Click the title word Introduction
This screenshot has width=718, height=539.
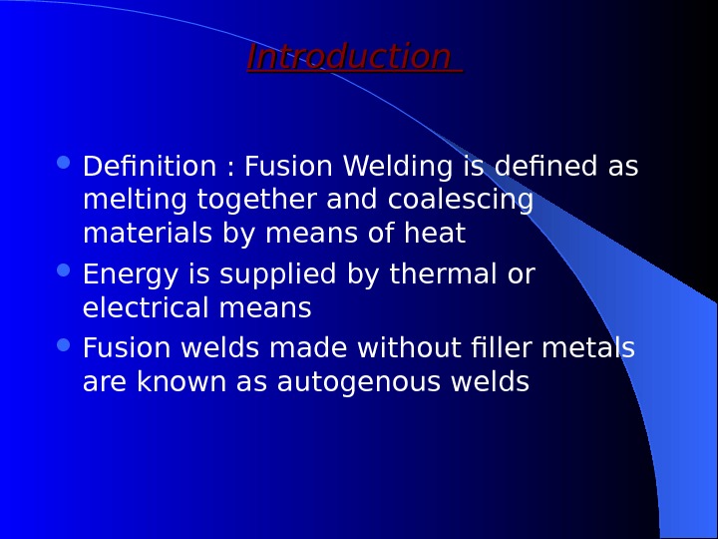(x=349, y=58)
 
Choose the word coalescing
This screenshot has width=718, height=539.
(x=461, y=201)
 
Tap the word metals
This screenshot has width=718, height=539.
(x=596, y=349)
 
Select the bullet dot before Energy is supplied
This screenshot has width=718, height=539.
(x=65, y=270)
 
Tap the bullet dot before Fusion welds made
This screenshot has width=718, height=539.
(x=65, y=345)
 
